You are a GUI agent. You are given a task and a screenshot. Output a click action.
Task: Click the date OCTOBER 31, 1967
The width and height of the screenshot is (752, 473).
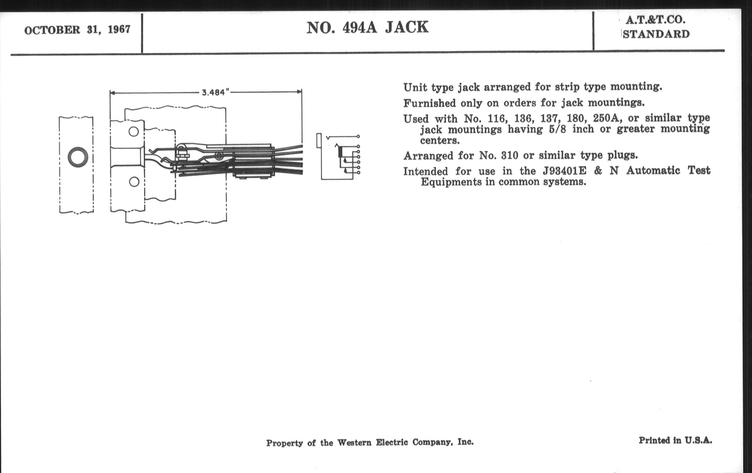(x=77, y=30)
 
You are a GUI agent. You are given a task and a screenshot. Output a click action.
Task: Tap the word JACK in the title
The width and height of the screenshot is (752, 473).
(x=407, y=27)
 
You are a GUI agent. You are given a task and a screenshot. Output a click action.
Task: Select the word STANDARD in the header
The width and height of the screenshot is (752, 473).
(x=656, y=34)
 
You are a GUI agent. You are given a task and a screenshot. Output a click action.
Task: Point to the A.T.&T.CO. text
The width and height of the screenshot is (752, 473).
(x=656, y=20)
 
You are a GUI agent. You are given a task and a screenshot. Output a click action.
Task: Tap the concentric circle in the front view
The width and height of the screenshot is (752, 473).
(x=78, y=157)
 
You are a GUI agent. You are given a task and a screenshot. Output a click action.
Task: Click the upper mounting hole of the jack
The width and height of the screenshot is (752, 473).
(x=134, y=131)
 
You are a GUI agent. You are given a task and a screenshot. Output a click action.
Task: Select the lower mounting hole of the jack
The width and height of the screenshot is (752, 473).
(x=134, y=182)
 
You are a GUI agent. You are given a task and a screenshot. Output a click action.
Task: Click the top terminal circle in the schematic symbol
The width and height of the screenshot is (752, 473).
(x=358, y=136)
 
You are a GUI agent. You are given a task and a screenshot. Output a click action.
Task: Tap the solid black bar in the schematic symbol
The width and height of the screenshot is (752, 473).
(x=340, y=151)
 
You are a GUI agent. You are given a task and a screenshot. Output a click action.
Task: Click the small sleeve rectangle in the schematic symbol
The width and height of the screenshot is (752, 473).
(x=319, y=140)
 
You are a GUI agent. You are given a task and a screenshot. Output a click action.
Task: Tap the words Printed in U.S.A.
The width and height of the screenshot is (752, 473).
(x=675, y=441)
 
